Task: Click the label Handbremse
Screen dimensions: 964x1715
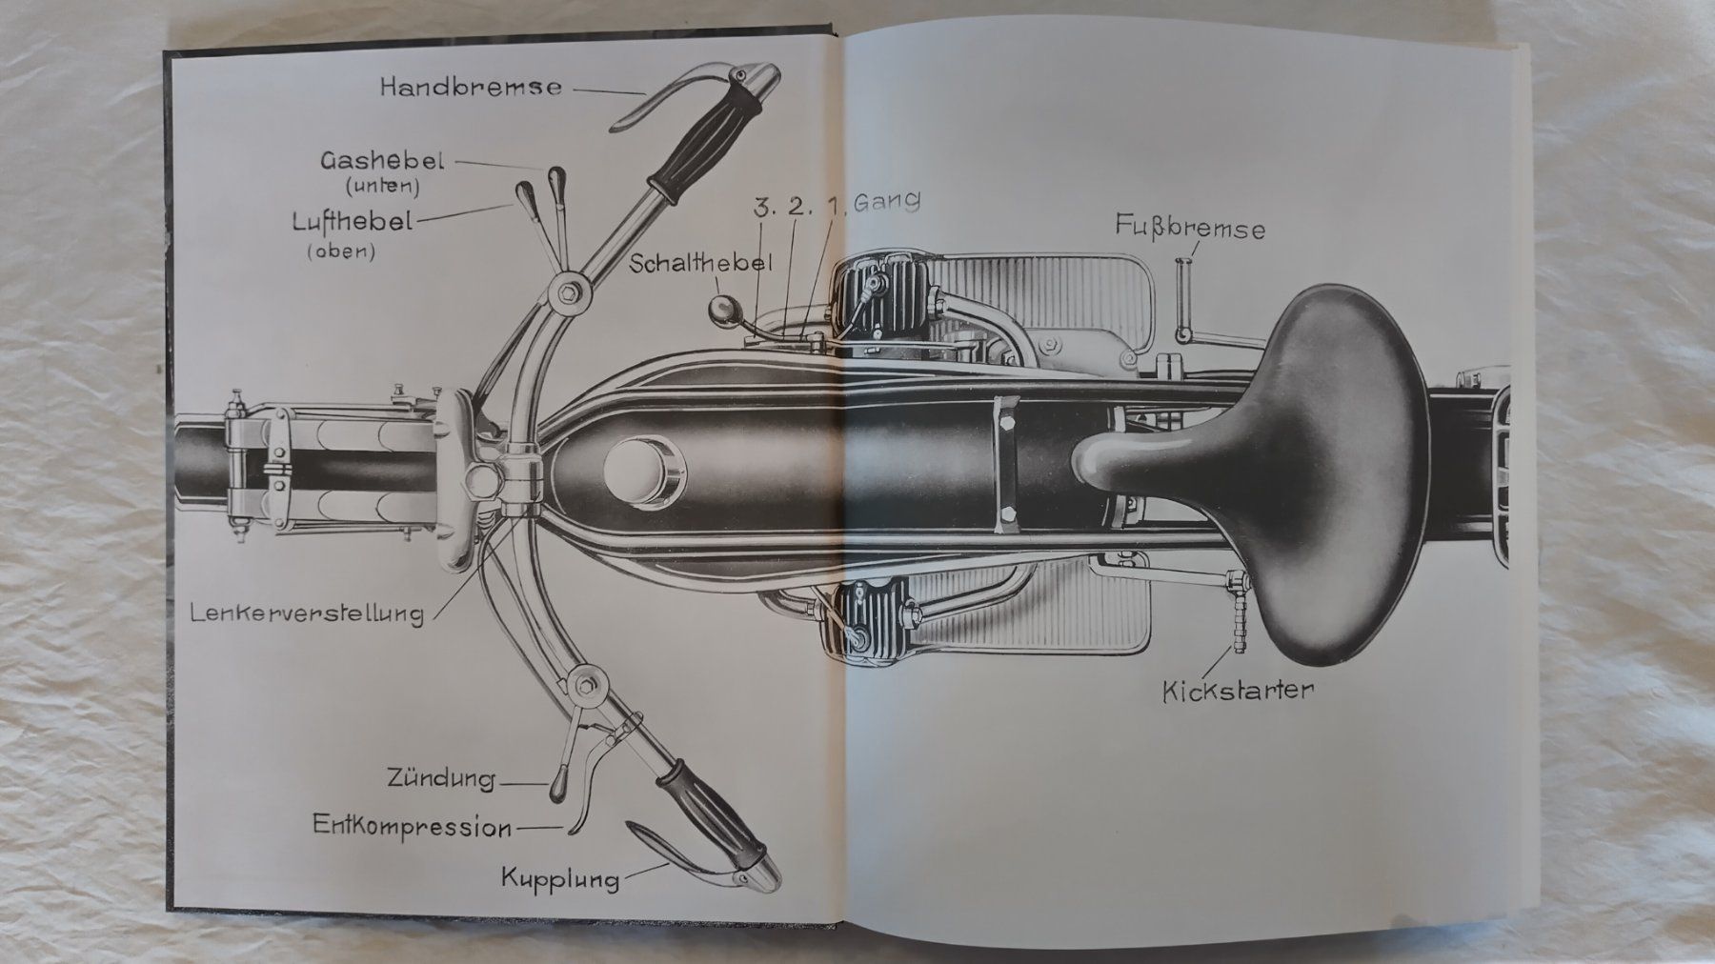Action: click(x=471, y=88)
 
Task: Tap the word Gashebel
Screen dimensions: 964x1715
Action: click(x=382, y=161)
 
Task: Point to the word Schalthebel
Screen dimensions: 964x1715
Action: click(x=699, y=263)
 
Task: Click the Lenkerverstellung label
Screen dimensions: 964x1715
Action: click(x=306, y=612)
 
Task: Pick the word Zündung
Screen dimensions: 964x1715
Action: click(x=441, y=779)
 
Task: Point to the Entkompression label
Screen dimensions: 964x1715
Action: click(x=413, y=826)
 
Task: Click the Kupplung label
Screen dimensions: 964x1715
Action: click(x=560, y=877)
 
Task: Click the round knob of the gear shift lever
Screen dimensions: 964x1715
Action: click(x=721, y=309)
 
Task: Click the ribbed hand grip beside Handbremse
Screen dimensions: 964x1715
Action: click(x=705, y=140)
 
